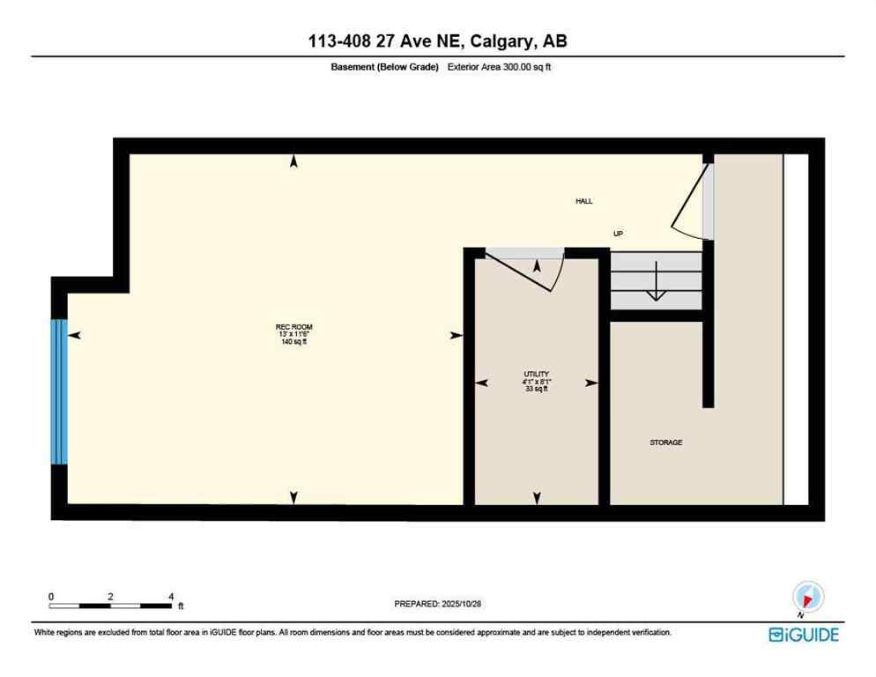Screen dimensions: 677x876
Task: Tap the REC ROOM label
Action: [293, 327]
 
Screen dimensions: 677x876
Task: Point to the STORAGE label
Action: [665, 443]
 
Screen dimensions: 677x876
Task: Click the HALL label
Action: [583, 202]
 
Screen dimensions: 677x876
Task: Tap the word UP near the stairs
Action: [619, 234]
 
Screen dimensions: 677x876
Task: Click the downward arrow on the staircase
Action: [655, 290]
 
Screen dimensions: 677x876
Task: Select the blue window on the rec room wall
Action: [59, 391]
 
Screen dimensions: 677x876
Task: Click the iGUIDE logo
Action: [803, 634]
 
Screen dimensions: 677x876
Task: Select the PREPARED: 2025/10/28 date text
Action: [438, 604]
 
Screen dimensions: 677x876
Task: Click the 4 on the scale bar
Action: [170, 596]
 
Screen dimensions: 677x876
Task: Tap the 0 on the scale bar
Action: [51, 596]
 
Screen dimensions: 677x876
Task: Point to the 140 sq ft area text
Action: [293, 342]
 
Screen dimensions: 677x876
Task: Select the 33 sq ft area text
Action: [537, 389]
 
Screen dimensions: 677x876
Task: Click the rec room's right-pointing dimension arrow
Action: [456, 335]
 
